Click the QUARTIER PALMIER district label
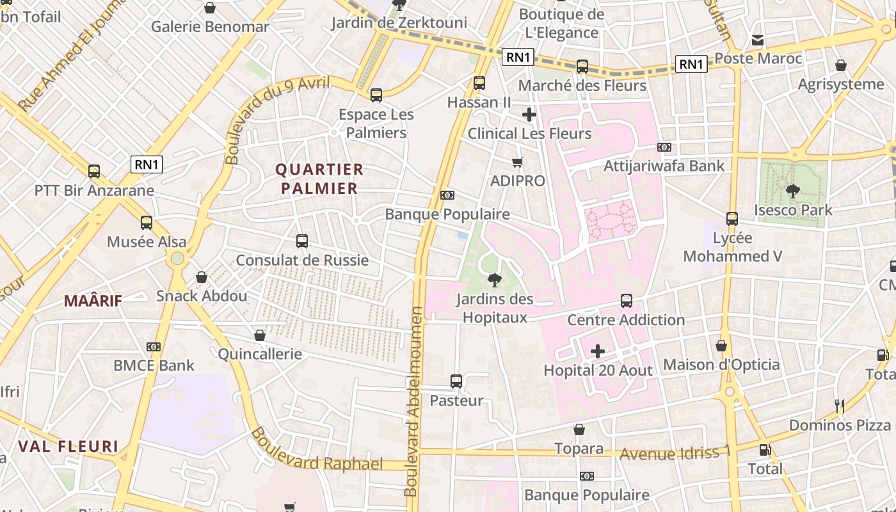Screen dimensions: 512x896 319,179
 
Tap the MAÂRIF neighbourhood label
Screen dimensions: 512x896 93,300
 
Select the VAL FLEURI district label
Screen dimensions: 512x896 68,446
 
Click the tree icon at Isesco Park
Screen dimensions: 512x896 792,191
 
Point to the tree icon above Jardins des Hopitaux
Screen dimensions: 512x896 493,280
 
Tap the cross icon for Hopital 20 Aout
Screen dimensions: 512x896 597,351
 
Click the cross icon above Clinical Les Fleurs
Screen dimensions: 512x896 529,115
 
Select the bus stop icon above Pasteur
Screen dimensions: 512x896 456,381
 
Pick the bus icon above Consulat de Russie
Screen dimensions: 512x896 302,241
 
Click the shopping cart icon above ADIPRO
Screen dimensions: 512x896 517,163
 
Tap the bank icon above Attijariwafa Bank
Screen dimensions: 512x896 664,147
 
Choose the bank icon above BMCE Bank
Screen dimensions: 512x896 153,347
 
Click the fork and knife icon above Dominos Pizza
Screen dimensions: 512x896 840,406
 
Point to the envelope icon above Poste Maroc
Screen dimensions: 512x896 758,40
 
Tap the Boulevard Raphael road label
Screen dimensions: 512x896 316,451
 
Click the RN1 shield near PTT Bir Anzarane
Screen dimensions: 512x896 147,164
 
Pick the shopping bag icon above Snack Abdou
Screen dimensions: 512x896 202,277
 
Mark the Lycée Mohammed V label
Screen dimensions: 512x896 732,247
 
